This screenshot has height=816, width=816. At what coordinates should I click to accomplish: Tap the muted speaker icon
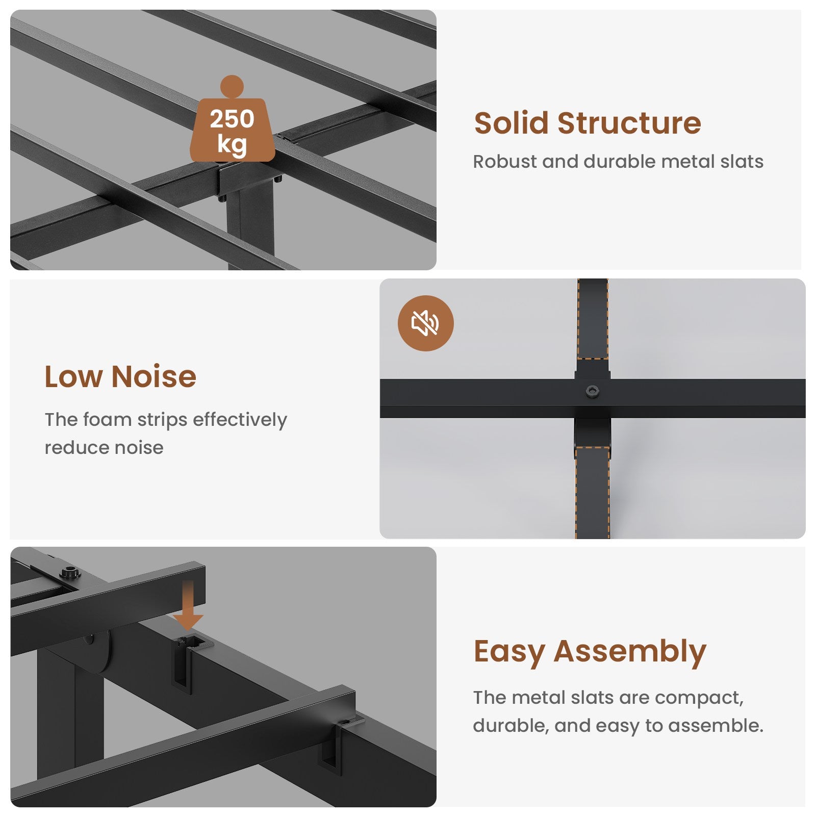tap(425, 323)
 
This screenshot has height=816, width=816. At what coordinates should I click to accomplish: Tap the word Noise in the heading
tap(154, 376)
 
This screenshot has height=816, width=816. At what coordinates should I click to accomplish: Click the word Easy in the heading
tap(509, 652)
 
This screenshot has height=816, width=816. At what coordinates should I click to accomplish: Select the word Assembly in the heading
tap(630, 652)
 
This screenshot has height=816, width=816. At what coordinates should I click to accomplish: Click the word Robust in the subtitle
tap(505, 162)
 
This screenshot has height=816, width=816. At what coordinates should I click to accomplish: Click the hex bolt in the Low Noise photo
tap(592, 392)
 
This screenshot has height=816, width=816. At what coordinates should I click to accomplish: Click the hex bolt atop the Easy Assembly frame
tap(70, 572)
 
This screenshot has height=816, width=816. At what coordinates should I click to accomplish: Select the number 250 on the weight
tap(232, 119)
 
